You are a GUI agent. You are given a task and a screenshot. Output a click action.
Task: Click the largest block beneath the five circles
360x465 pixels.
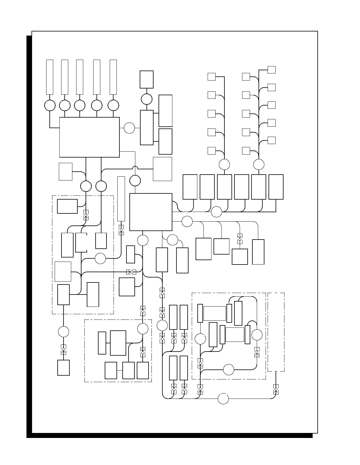click(89, 137)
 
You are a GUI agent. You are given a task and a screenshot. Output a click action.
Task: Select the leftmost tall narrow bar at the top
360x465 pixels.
click(50, 77)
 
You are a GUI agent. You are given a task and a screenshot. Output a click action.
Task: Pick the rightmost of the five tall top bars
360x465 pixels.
click(113, 77)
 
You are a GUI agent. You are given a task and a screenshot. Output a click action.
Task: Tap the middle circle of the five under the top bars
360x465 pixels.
click(79, 105)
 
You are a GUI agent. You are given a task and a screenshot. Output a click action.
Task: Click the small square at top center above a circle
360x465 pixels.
click(146, 79)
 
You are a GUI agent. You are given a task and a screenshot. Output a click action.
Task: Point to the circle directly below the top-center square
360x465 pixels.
click(146, 99)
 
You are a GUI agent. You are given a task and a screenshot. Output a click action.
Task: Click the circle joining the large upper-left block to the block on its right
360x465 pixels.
click(129, 128)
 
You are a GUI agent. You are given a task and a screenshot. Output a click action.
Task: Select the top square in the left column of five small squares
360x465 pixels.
click(211, 77)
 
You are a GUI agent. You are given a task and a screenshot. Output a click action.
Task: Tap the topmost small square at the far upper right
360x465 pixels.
click(271, 70)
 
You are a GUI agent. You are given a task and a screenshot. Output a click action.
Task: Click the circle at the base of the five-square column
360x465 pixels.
click(224, 164)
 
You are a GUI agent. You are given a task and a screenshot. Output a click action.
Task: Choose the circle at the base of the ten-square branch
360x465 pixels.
click(259, 164)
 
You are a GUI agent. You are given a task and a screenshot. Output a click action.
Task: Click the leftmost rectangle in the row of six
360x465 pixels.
click(190, 187)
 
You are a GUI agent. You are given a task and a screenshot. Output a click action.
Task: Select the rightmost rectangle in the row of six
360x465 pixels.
click(276, 187)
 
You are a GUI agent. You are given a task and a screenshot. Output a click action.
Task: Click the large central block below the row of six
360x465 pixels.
click(151, 212)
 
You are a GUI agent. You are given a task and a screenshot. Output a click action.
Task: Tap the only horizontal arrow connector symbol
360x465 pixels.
click(131, 272)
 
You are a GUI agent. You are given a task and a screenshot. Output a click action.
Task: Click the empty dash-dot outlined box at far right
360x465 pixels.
click(276, 332)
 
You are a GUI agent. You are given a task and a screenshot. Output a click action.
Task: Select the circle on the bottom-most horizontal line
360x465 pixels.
click(223, 399)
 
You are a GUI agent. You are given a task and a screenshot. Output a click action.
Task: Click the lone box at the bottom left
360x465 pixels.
click(64, 367)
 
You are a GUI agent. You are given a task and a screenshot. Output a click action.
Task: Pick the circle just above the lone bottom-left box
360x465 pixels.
click(64, 332)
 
